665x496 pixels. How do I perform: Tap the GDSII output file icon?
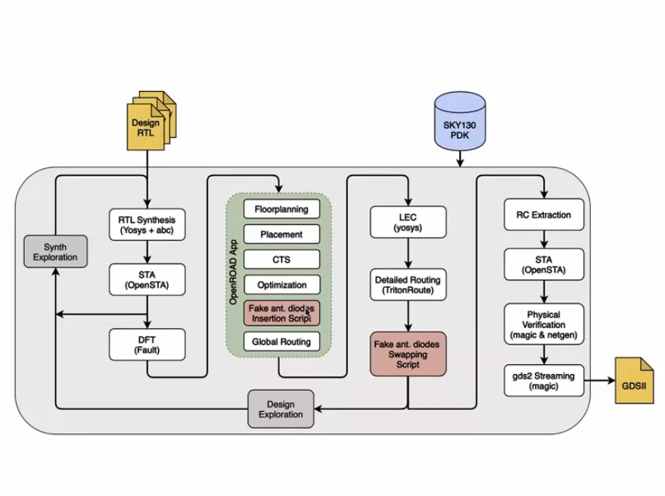[634, 380]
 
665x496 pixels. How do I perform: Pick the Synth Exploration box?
[55, 252]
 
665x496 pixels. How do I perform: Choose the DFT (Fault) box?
[147, 345]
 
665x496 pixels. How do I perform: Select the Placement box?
[281, 234]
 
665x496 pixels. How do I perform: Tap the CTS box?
[281, 260]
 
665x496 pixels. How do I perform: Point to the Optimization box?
[281, 285]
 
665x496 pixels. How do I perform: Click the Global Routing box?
[281, 342]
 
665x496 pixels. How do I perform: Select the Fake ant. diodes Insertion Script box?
[281, 314]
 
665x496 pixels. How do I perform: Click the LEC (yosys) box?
[409, 221]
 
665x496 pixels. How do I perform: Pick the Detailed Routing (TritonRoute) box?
[409, 285]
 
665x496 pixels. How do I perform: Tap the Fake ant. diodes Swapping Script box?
[409, 354]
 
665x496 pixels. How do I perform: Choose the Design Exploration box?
[281, 409]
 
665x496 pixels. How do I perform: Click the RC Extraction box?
[543, 214]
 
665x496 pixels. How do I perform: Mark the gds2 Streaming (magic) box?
[543, 381]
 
